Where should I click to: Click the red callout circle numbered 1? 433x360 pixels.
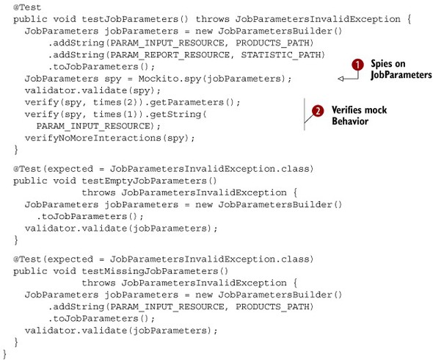tap(357, 65)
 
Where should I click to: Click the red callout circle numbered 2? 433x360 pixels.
tap(318, 111)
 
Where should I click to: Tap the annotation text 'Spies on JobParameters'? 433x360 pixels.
tap(401, 69)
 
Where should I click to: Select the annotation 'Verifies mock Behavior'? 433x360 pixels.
tap(359, 115)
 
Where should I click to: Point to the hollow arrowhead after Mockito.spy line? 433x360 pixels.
tap(341, 79)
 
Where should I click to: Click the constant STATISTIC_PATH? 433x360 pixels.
tap(280, 55)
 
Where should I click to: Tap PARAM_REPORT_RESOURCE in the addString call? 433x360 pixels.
tap(170, 55)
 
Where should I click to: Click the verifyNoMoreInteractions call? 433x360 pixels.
tap(109, 138)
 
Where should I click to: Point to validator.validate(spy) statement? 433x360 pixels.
tap(92, 90)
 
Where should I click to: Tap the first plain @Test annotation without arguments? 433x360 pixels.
tap(27, 7)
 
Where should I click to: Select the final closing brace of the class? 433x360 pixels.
tap(4, 354)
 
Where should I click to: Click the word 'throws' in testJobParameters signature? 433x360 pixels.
tap(212, 19)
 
